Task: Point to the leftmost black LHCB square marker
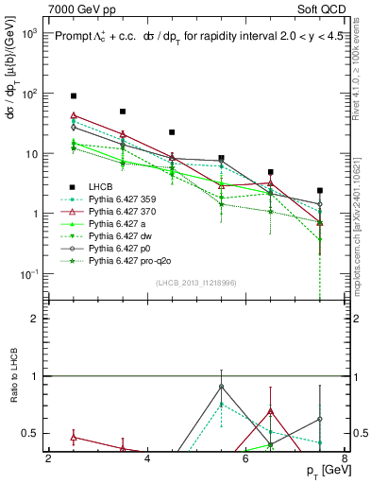tap(74, 95)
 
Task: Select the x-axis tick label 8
tap(344, 459)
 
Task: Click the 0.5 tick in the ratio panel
tap(35, 433)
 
